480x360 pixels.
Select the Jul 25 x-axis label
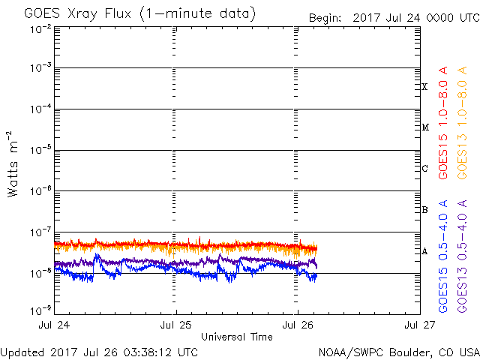[x=176, y=325]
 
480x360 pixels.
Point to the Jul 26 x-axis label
[x=298, y=325]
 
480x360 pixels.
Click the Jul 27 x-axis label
[x=418, y=325]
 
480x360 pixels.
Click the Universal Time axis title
[x=236, y=337]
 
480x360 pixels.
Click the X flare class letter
[x=424, y=87]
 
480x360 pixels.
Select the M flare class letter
[x=424, y=127]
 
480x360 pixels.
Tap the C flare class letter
[x=424, y=169]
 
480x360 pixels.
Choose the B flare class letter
[x=424, y=210]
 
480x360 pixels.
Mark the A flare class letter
[x=424, y=251]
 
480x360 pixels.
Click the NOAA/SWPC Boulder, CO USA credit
[x=397, y=352]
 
